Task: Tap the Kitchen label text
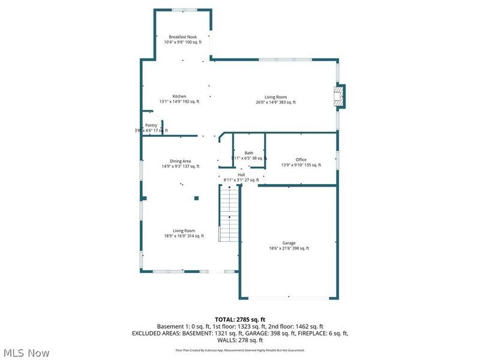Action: [179, 96]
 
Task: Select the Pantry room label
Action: [151, 125]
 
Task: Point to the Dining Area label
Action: [180, 161]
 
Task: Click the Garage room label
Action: [289, 243]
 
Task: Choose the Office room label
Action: [301, 160]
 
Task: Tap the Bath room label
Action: [248, 153]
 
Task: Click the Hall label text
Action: [241, 175]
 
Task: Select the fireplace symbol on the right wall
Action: [340, 96]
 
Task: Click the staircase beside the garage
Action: [229, 213]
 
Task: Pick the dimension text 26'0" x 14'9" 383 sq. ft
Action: [276, 103]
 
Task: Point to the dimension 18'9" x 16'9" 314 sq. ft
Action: [184, 236]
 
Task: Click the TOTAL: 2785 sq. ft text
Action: [240, 319]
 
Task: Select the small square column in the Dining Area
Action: [196, 198]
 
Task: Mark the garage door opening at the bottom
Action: [289, 297]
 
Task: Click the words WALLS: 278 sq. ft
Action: [240, 340]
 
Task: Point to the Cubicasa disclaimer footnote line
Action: [240, 350]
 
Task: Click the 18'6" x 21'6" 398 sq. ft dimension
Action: [289, 248]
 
